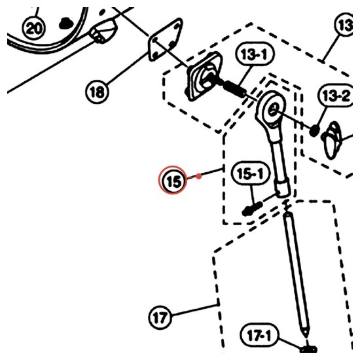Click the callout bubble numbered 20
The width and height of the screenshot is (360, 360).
tap(34, 27)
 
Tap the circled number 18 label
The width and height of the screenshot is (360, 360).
tap(97, 92)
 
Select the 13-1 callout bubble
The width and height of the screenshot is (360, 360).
tap(255, 54)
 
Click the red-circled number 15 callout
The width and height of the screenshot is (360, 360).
tap(173, 180)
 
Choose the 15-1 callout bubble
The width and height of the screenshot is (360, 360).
tap(250, 173)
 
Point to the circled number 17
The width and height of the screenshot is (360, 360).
tap(160, 317)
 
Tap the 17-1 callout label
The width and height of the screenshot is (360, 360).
tap(260, 335)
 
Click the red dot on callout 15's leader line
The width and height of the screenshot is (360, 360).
tap(199, 176)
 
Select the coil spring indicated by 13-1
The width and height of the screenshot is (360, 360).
tap(234, 88)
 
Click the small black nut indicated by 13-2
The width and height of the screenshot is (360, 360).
tap(314, 131)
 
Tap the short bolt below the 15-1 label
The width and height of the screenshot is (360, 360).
tap(252, 209)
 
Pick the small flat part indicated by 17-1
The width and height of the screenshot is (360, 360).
tap(308, 350)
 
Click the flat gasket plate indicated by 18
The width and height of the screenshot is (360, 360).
tap(166, 40)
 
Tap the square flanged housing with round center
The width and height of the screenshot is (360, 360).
tap(204, 77)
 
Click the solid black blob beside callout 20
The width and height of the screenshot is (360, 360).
tap(65, 23)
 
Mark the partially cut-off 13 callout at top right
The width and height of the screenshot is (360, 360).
tap(344, 25)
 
